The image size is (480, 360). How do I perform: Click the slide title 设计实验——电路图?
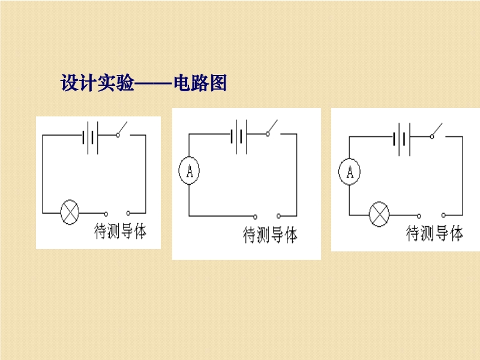point(143,83)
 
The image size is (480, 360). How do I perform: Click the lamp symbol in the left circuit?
point(70,212)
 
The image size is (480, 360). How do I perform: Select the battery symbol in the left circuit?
point(91,138)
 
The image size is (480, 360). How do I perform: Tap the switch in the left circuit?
point(122,130)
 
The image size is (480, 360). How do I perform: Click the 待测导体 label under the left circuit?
point(121,231)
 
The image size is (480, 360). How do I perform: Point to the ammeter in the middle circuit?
point(189,170)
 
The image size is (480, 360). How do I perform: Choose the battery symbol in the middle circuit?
point(239,137)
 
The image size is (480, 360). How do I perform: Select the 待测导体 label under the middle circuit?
point(270,235)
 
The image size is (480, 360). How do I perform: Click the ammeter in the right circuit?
point(349,172)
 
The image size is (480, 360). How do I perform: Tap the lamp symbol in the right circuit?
point(379,214)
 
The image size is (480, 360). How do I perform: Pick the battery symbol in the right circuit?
point(402,140)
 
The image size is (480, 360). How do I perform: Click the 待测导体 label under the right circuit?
point(434,233)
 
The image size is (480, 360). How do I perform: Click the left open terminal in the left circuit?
point(106,214)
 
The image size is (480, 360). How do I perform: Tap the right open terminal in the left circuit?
point(128,213)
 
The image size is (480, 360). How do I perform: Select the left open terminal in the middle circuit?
point(256,217)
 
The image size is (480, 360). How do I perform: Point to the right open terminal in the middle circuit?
point(278,216)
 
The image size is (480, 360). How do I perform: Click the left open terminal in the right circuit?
point(419,216)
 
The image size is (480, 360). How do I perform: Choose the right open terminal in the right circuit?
point(443,215)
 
